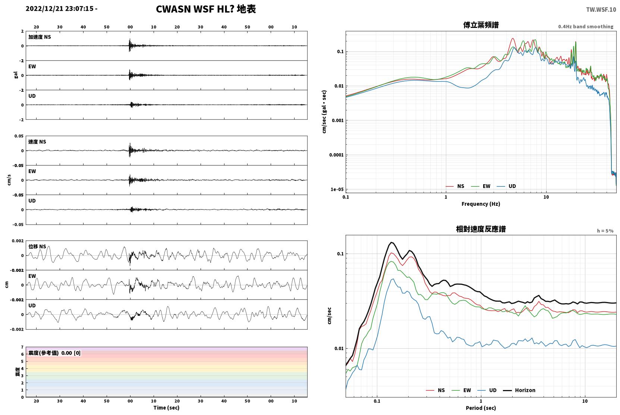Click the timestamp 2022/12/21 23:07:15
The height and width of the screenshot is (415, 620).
click(60, 9)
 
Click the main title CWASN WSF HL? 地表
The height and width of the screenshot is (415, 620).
click(206, 9)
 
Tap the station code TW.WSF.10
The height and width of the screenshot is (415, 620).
click(601, 10)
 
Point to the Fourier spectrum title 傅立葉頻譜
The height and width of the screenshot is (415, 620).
click(481, 25)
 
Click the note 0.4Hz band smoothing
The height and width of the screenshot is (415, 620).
click(586, 26)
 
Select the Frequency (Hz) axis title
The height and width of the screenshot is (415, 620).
click(481, 204)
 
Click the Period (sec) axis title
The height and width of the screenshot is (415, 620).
click(481, 408)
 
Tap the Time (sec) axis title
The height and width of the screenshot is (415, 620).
click(166, 408)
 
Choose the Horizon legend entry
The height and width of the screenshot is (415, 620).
click(525, 390)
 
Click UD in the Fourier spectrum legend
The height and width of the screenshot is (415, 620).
click(512, 186)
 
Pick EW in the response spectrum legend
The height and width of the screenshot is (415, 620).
click(467, 390)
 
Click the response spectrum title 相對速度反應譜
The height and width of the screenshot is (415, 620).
click(481, 229)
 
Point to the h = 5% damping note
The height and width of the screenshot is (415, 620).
click(605, 230)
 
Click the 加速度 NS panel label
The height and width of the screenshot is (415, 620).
click(40, 37)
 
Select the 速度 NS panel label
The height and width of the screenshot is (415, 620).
click(37, 142)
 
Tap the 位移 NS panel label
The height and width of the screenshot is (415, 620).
click(37, 246)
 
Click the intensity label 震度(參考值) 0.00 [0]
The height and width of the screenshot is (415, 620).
click(54, 353)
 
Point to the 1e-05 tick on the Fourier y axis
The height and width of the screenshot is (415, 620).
click(337, 189)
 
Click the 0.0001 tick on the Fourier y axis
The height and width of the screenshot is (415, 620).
click(336, 155)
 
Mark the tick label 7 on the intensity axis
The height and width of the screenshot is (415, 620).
click(22, 347)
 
